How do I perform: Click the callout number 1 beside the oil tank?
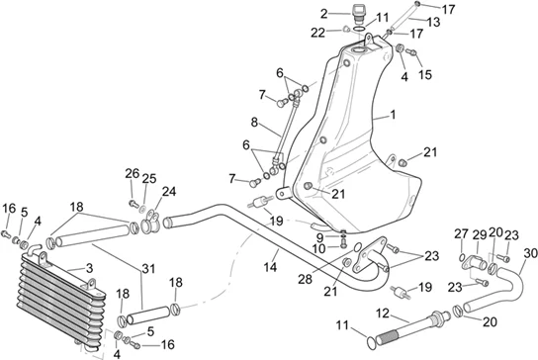click(393, 115)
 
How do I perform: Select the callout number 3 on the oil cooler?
click(89, 268)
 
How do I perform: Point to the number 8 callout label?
click(254, 122)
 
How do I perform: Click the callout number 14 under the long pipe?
click(270, 267)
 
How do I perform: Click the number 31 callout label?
click(148, 268)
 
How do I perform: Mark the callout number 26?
click(133, 174)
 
